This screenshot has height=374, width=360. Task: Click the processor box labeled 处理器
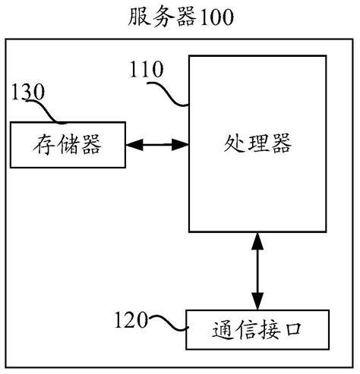click(259, 143)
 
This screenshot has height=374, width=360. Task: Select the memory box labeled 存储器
click(68, 143)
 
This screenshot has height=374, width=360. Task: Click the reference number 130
click(29, 94)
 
